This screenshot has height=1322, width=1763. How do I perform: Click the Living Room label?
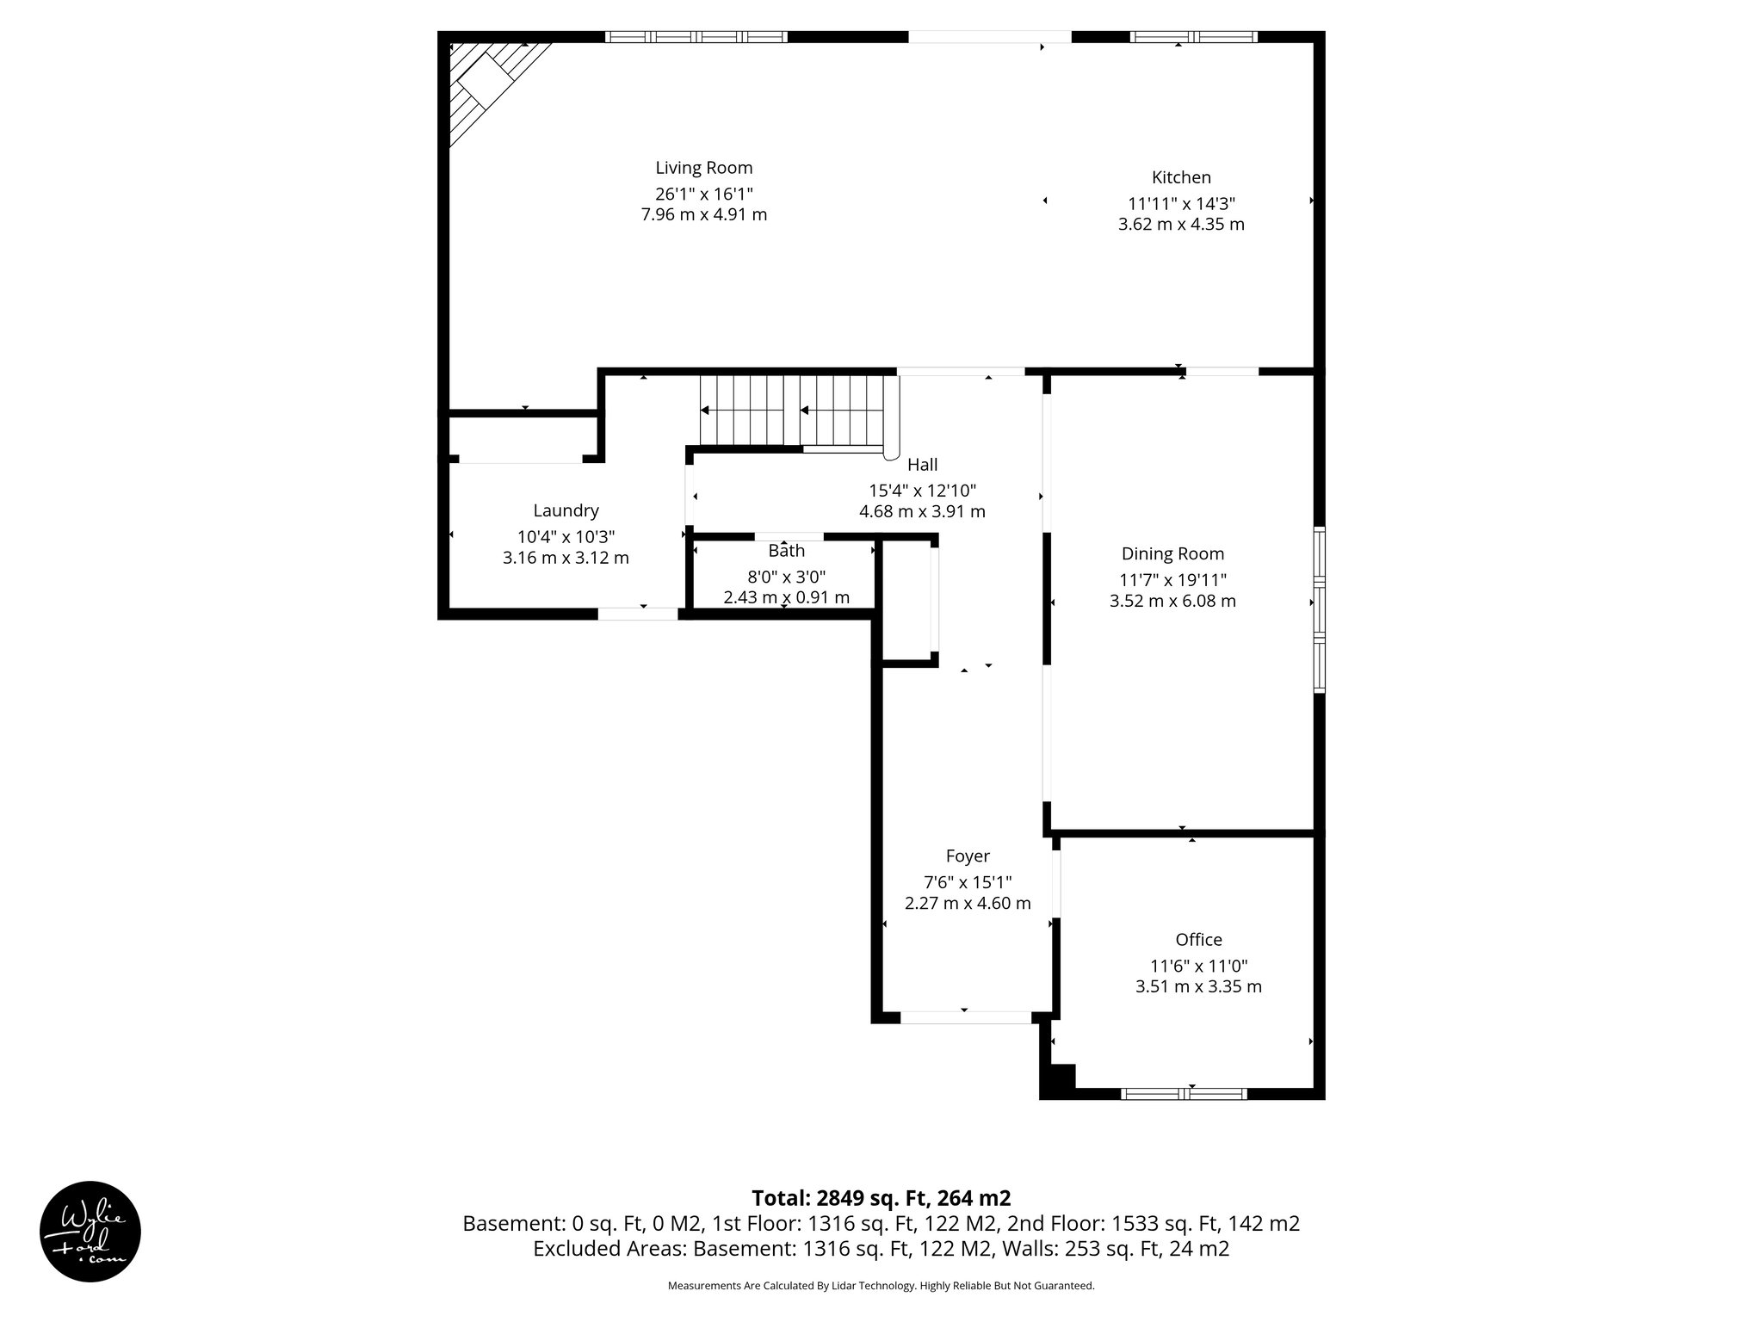click(703, 168)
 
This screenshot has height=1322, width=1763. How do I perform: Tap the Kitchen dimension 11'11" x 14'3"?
click(1181, 204)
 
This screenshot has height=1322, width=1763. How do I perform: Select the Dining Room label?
click(1172, 554)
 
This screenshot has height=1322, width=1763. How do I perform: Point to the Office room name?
click(1198, 940)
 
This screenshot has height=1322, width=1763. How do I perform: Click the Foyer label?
click(968, 856)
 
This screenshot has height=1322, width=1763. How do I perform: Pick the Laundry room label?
click(566, 510)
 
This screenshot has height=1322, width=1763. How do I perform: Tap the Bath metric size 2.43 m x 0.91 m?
click(786, 597)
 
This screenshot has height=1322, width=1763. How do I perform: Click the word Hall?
click(922, 465)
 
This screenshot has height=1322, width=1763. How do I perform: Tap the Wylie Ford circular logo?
click(90, 1231)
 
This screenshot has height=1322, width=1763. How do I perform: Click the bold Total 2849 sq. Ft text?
click(881, 1198)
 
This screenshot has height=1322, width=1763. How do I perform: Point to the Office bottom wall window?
click(1185, 1094)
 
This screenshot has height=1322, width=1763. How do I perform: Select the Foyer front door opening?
click(965, 1017)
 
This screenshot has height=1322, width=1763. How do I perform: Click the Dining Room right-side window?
click(1319, 609)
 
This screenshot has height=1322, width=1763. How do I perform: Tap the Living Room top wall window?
click(696, 37)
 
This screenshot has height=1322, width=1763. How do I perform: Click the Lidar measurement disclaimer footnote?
click(881, 1286)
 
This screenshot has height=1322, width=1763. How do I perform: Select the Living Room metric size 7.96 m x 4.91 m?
click(703, 214)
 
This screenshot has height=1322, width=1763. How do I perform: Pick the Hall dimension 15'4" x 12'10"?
click(922, 491)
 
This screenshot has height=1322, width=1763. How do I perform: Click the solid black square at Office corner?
click(1057, 1081)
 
